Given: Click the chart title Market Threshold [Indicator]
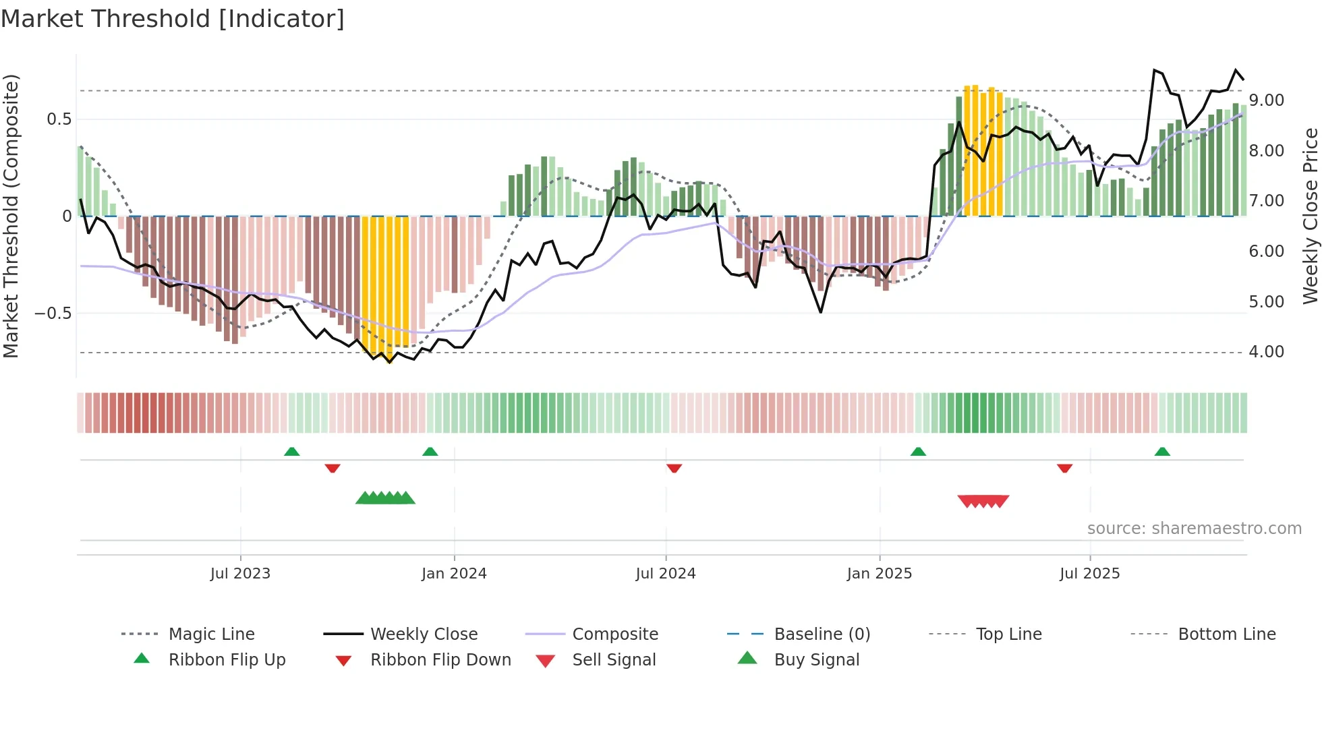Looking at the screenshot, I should [x=173, y=19].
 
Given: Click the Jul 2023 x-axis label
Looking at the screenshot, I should [x=240, y=574].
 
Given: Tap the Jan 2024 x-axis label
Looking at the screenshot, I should [x=454, y=574].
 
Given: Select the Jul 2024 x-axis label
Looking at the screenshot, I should [x=666, y=574].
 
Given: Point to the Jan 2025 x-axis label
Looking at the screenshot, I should [x=880, y=574].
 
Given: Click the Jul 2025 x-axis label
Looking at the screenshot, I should [x=1090, y=574].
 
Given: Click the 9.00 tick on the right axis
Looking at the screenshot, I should [x=1267, y=100].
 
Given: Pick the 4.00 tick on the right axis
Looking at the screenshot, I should [x=1267, y=352].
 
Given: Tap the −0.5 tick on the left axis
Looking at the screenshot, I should [x=53, y=314].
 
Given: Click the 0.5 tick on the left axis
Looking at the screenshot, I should [x=59, y=119].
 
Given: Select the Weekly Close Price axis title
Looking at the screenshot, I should [x=1310, y=216].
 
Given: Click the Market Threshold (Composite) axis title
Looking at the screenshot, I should [x=11, y=216].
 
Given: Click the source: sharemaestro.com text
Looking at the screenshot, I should [x=1194, y=529].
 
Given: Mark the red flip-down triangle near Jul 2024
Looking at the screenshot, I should [x=674, y=468].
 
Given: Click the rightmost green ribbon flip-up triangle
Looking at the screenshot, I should [x=1162, y=452].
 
